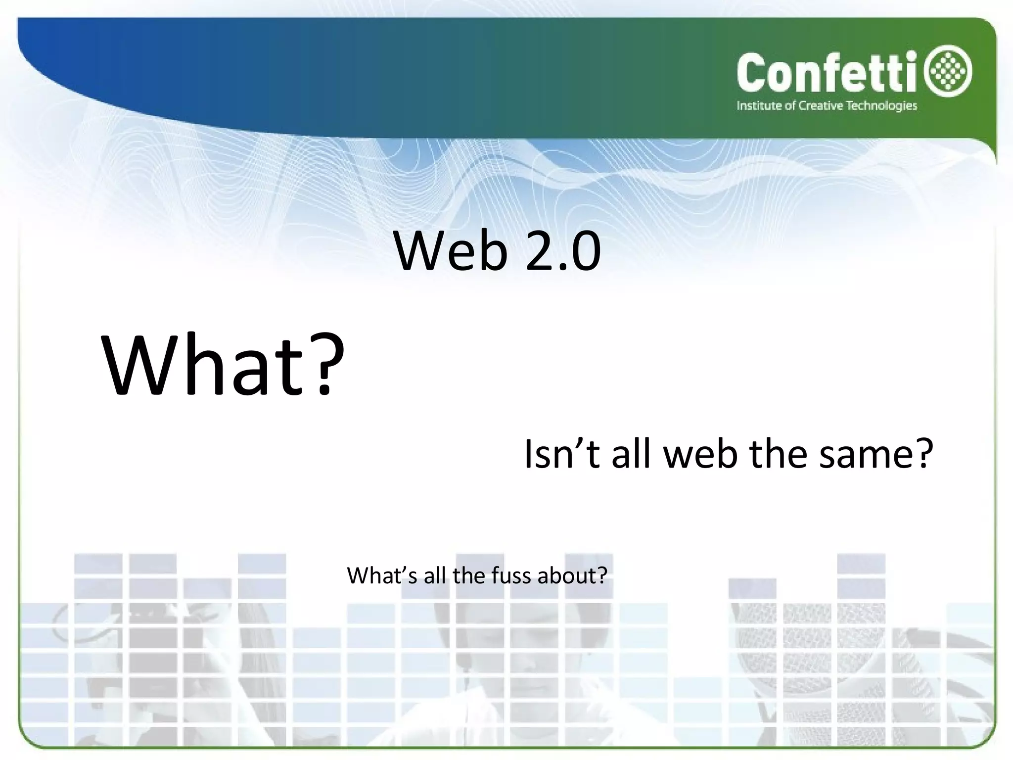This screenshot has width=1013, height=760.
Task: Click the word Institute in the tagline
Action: [759, 106]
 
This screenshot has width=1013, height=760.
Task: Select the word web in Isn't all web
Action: [700, 454]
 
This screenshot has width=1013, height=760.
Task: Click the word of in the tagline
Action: [790, 106]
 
